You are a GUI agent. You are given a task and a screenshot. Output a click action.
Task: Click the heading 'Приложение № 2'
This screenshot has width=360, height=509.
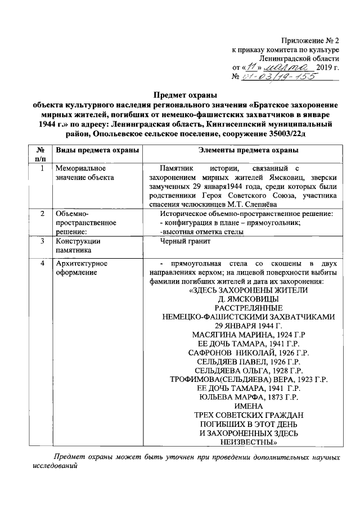click(x=311, y=40)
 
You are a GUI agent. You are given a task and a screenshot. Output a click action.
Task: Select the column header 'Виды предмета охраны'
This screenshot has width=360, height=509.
click(x=88, y=150)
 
